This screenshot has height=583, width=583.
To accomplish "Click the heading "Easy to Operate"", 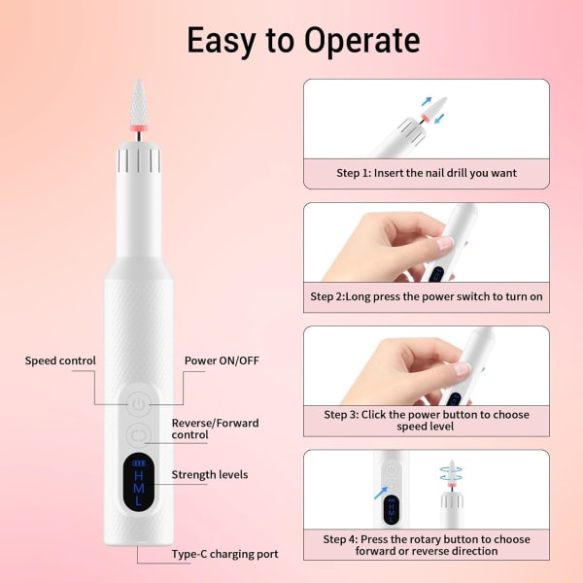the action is click(303, 41).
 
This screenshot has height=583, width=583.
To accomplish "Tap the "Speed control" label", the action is click(60, 360).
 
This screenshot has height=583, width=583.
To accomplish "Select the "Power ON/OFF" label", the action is click(222, 360).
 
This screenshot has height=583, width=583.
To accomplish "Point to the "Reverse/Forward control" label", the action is click(216, 429).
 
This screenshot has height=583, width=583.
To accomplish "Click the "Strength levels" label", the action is click(210, 474).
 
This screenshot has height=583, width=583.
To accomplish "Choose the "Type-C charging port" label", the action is click(225, 554).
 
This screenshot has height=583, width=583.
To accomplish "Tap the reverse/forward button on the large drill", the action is click(138, 435).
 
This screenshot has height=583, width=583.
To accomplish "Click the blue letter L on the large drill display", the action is click(139, 500).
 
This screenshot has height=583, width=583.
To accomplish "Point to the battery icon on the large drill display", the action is click(138, 463).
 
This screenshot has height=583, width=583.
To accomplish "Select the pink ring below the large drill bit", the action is click(138, 128).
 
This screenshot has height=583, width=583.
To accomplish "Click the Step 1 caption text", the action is click(427, 173).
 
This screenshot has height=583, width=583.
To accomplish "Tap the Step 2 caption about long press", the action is click(427, 296).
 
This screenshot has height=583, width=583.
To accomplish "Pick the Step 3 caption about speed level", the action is click(427, 420).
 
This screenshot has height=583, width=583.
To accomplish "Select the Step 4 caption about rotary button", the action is click(427, 545).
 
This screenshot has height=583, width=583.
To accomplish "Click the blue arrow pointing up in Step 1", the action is click(427, 101).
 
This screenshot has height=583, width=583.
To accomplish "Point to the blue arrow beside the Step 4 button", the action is click(380, 494).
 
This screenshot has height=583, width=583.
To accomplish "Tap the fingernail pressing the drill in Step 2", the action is click(445, 243).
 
